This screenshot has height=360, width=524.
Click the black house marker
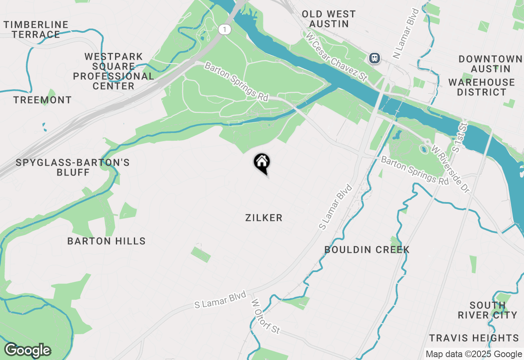point(262,162)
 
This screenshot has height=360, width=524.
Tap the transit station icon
point(375,58)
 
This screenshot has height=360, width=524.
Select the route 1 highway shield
point(224,29)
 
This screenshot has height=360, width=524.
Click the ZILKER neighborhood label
point(264,218)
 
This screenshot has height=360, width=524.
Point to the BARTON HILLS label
point(106,241)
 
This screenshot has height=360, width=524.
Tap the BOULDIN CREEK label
point(367,250)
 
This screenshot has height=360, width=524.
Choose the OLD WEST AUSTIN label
point(329,19)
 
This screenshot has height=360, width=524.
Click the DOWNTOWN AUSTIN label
point(490,64)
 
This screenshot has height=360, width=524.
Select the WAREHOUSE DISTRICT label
point(481,87)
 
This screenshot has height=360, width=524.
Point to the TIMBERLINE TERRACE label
point(36,29)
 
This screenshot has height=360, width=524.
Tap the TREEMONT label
point(43,100)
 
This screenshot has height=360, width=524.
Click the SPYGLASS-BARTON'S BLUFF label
point(73,167)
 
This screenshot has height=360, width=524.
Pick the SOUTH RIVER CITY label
point(487,310)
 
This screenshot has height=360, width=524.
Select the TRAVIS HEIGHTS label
point(474,338)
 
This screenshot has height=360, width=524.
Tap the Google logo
point(27,350)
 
